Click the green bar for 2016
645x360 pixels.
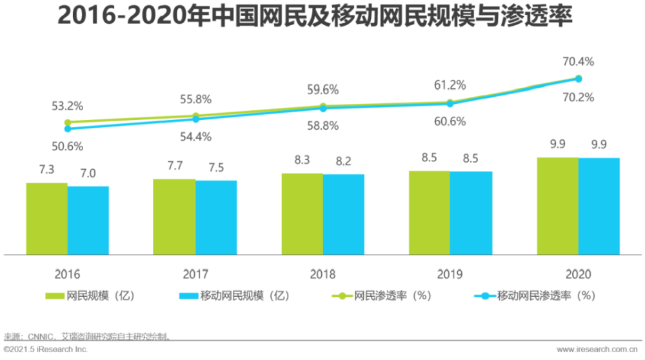click(47, 219)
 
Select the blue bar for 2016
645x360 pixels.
click(88, 221)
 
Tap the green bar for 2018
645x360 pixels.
click(302, 214)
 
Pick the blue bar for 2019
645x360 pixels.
click(471, 213)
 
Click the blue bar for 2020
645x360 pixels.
click(599, 206)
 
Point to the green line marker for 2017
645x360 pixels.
click(195, 116)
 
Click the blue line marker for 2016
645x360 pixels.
click(68, 129)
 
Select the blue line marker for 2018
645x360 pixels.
click(323, 108)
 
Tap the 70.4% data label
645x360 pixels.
click(578, 62)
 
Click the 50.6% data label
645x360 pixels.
click(68, 146)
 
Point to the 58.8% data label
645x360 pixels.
click(323, 126)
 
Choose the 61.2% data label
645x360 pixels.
click(450, 85)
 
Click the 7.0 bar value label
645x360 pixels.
click(88, 173)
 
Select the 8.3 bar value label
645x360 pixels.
click(302, 160)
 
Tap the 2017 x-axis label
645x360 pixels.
click(195, 274)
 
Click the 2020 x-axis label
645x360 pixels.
click(578, 274)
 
